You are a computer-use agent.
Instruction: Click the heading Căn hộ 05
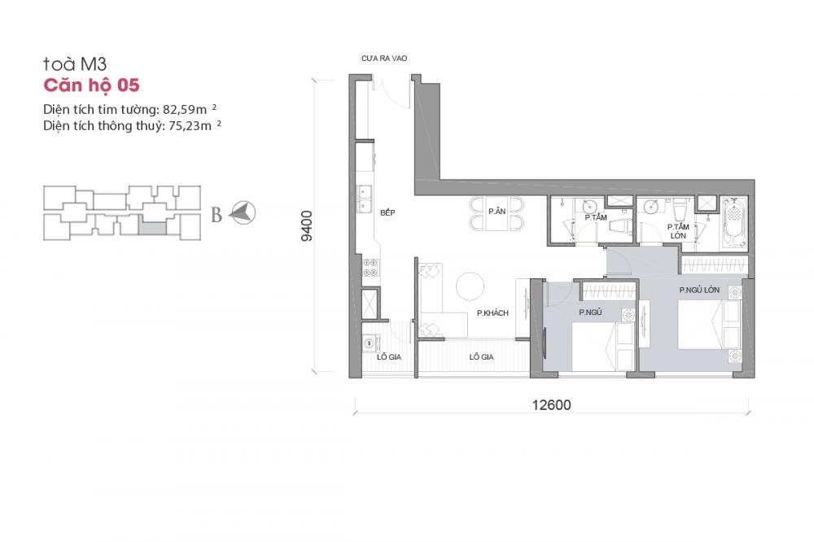91,85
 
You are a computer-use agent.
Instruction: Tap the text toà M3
75,63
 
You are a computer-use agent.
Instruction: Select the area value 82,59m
185,110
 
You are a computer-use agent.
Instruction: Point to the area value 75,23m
190,125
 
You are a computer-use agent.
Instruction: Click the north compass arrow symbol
243,212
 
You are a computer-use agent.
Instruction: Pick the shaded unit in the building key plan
153,227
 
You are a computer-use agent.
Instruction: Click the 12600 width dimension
551,405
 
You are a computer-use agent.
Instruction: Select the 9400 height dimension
307,226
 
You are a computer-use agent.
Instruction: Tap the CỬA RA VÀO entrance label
384,58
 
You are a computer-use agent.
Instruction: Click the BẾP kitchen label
387,212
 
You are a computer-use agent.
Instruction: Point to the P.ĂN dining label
497,212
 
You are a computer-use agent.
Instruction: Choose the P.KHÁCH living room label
492,313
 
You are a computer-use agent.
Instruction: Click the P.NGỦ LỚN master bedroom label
699,290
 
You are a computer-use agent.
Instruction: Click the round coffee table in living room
470,286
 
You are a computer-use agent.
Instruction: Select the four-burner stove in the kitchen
370,268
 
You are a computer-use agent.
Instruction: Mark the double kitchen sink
365,199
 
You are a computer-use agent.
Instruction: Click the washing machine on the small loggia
370,343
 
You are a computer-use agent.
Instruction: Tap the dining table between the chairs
497,213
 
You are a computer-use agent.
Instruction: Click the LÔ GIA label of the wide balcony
481,357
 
